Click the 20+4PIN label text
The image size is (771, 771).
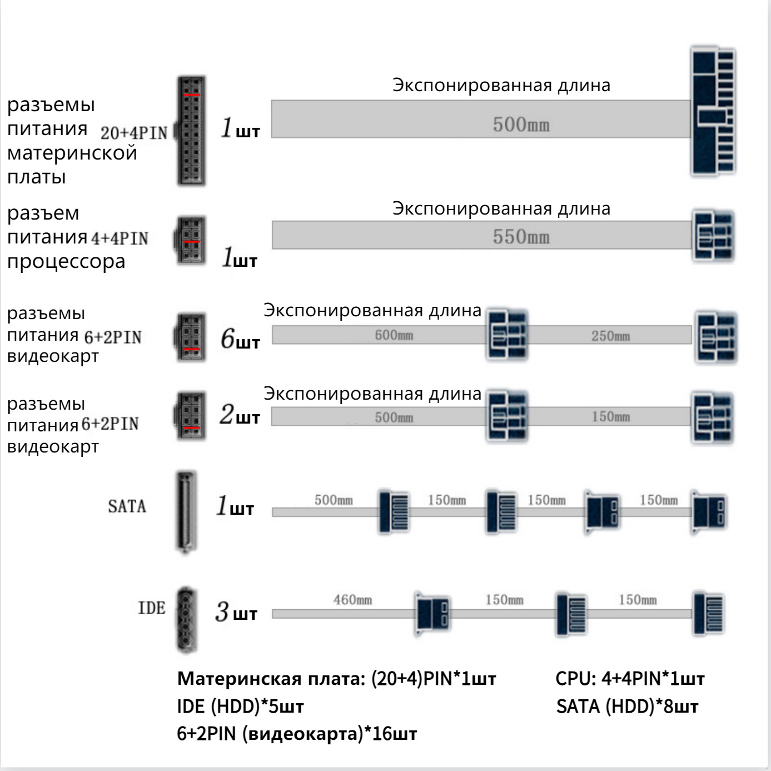[133, 133]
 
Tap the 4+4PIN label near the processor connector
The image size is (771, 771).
[120, 238]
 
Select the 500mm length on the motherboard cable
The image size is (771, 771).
[521, 124]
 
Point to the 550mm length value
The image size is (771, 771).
[521, 237]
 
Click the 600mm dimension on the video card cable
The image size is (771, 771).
[394, 335]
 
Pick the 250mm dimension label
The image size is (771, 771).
[610, 336]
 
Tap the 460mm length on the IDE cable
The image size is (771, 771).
[352, 600]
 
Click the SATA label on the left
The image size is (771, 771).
[127, 506]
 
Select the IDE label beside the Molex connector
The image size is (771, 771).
[151, 608]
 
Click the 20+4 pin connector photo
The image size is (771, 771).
[191, 131]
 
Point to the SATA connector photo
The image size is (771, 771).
[186, 512]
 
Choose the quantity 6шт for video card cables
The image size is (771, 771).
[240, 339]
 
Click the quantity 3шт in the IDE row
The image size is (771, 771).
[236, 613]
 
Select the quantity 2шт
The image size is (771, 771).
[240, 415]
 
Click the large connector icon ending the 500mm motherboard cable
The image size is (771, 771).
[713, 111]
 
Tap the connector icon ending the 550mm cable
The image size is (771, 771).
[713, 236]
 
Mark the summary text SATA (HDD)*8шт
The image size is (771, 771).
[626, 707]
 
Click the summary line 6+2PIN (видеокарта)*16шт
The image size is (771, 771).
[297, 734]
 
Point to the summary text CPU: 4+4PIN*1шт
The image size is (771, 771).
[630, 679]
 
